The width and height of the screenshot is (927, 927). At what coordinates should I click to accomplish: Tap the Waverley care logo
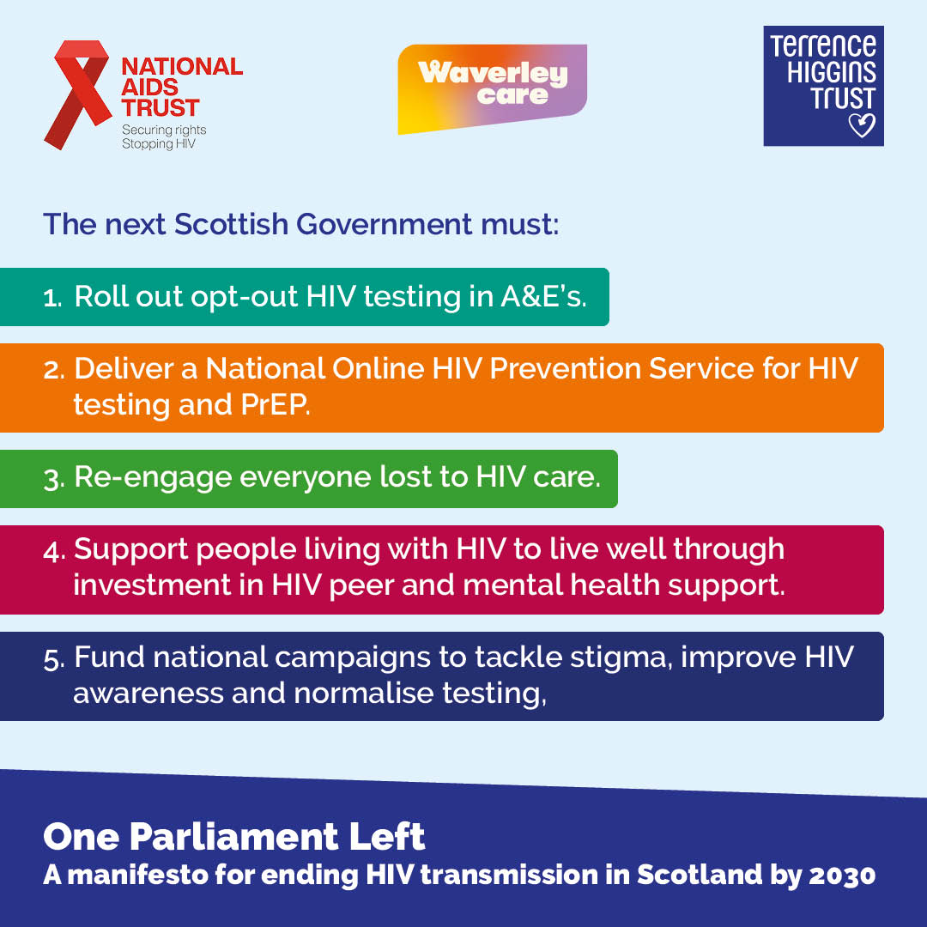pyautogui.click(x=492, y=87)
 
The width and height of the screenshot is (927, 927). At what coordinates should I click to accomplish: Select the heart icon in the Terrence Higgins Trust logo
pyautogui.click(x=861, y=125)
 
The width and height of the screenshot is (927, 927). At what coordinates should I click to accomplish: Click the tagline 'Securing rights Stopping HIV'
pyautogui.click(x=164, y=136)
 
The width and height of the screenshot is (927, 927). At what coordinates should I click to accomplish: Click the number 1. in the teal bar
pyautogui.click(x=52, y=297)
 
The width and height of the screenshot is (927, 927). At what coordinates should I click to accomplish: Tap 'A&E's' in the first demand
pyautogui.click(x=549, y=296)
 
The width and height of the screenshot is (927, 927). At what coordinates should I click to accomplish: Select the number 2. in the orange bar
pyautogui.click(x=52, y=370)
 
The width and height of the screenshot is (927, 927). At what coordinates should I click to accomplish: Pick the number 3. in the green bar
pyautogui.click(x=52, y=479)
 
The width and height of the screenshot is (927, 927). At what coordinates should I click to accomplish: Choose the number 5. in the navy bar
pyautogui.click(x=52, y=659)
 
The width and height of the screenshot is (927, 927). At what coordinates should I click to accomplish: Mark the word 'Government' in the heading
pyautogui.click(x=380, y=224)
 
